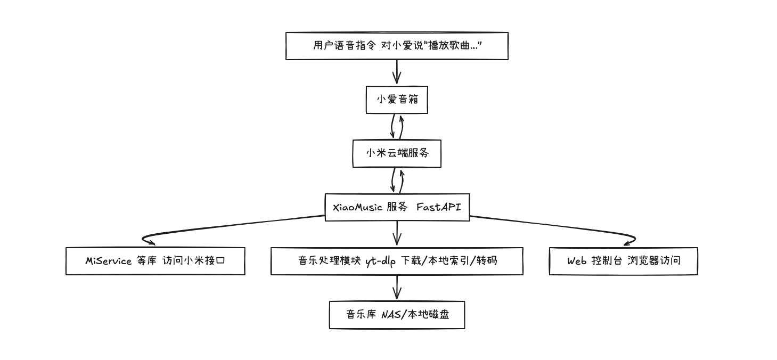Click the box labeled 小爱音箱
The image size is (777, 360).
397,100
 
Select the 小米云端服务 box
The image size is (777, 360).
397,153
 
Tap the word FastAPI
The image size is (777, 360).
438,207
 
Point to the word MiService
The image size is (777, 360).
109,261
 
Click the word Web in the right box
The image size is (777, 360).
577,261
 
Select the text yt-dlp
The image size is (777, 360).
380,261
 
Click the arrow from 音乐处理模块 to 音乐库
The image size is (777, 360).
397,288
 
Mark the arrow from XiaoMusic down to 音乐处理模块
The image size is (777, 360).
397,233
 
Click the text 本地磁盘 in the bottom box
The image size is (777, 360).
428,314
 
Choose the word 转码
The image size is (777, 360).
487,261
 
